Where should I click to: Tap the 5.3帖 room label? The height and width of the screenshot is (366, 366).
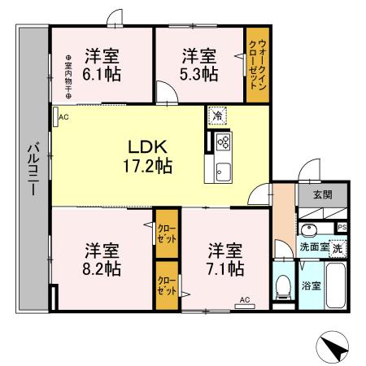(x=198, y=64)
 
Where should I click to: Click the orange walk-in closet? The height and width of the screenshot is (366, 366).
(x=257, y=65)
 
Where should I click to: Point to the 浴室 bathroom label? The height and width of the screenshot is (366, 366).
(x=312, y=286)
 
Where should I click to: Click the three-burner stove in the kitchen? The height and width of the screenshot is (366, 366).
(x=224, y=142)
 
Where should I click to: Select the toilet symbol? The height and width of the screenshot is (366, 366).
(x=284, y=285)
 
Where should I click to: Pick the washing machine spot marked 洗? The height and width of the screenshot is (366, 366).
(x=336, y=246)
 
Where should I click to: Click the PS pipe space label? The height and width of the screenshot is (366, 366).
(x=342, y=227)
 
